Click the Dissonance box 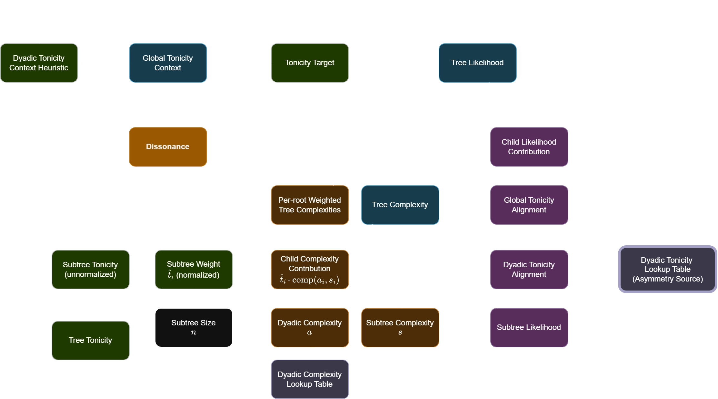pyautogui.click(x=168, y=147)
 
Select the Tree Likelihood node pyautogui.click(x=477, y=63)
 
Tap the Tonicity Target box pyautogui.click(x=310, y=63)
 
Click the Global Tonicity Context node pyautogui.click(x=168, y=63)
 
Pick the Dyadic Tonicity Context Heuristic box pyautogui.click(x=39, y=63)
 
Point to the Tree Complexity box pyautogui.click(x=400, y=205)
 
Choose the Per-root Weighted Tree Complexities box pyautogui.click(x=310, y=205)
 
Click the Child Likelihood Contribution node pyautogui.click(x=529, y=147)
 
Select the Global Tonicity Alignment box pyautogui.click(x=529, y=205)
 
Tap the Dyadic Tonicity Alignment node pyautogui.click(x=529, y=269)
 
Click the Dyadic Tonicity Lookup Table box pyautogui.click(x=667, y=269)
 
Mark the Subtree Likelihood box pyautogui.click(x=529, y=327)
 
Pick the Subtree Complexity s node pyautogui.click(x=400, y=327)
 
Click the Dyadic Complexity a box pyautogui.click(x=310, y=327)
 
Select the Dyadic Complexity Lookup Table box pyautogui.click(x=310, y=379)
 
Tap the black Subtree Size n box pyautogui.click(x=194, y=327)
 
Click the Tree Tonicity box pyautogui.click(x=90, y=340)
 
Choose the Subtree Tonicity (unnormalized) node pyautogui.click(x=90, y=269)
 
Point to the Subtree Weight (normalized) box pyautogui.click(x=194, y=269)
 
